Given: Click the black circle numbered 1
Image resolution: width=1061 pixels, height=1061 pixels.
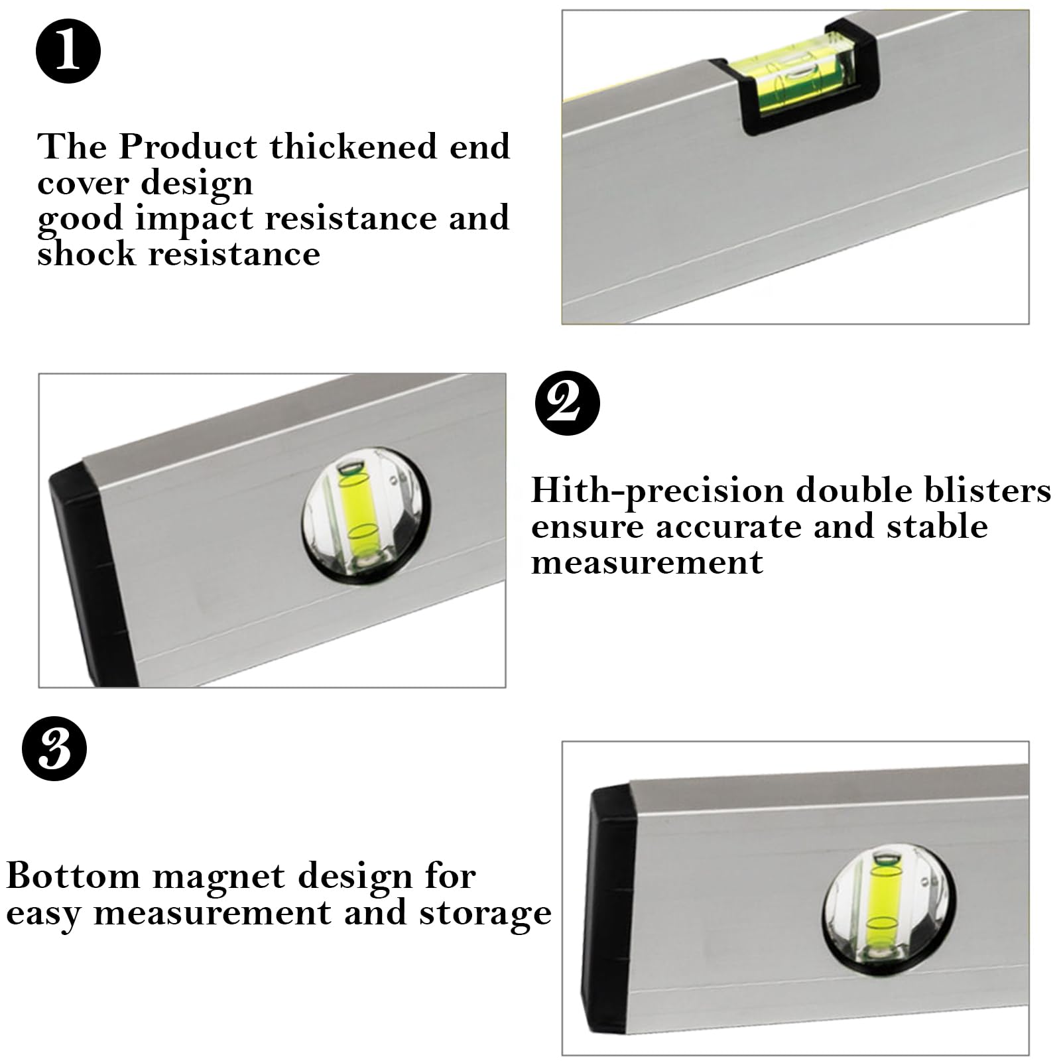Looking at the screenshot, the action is tap(68, 50).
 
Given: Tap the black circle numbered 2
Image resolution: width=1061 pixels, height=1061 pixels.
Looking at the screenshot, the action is tap(567, 403).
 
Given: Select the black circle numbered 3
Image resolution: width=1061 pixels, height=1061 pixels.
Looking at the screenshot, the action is tap(54, 748).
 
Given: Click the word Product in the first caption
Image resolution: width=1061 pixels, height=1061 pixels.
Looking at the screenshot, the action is tap(188, 147).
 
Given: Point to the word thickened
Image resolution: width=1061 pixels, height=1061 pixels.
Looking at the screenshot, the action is tap(353, 147).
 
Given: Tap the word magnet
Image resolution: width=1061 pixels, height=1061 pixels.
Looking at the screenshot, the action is tap(219, 878).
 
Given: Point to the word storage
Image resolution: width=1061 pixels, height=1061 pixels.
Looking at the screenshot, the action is tap(485, 914).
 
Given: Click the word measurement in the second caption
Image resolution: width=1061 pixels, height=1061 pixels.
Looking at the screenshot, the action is tap(647, 562).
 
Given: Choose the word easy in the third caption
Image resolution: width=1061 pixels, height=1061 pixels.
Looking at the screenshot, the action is tap(44, 915).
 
